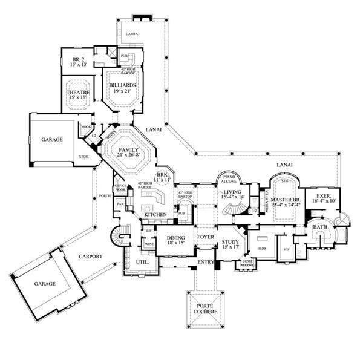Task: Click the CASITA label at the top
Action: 132,34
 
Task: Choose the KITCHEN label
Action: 155,214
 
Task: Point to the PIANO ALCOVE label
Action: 228,179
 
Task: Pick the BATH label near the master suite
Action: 319,227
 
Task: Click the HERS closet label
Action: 262,249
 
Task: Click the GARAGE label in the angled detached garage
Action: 45,283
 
